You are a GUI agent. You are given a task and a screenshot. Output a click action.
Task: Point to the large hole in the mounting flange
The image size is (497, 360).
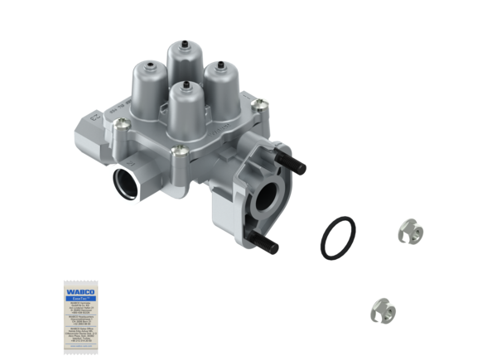tap(270, 195)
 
